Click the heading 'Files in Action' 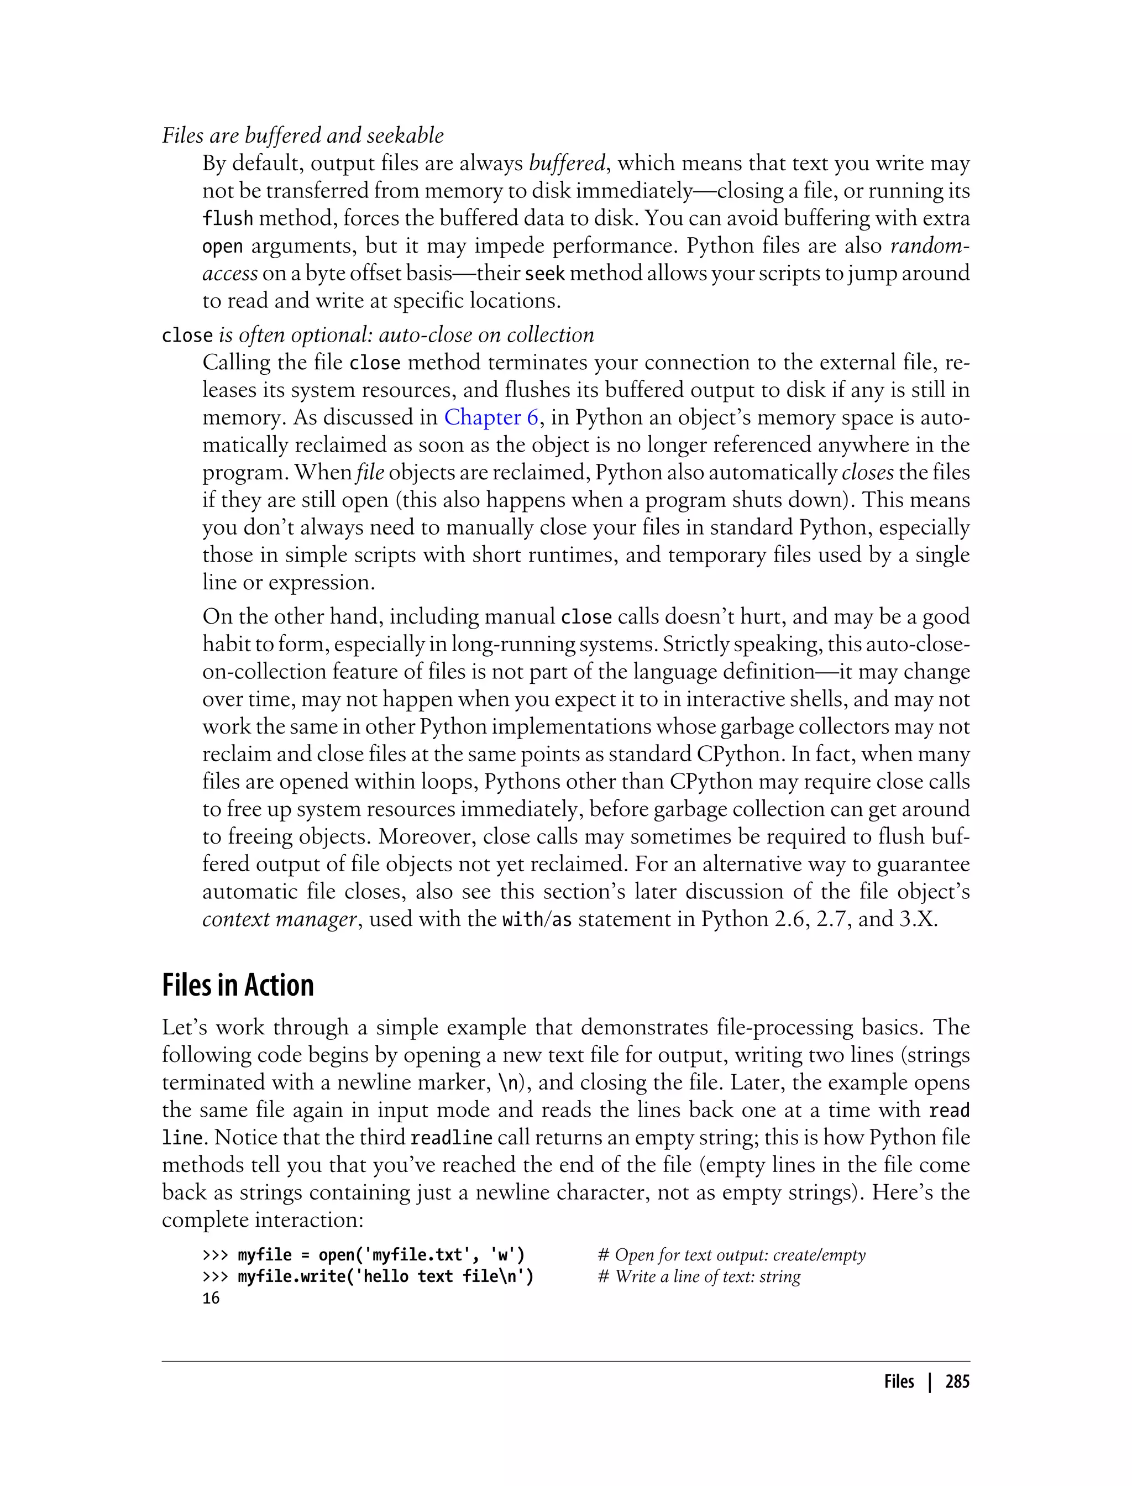[238, 985]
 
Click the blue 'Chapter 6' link [490, 417]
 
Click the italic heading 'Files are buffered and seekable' [302, 135]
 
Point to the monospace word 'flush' [227, 218]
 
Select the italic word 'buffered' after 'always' [567, 163]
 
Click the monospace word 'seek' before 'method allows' [544, 274]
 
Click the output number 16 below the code [211, 1298]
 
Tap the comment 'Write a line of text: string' [707, 1276]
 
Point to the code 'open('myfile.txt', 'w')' [421, 1255]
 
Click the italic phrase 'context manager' [279, 919]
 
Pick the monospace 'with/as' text [537, 919]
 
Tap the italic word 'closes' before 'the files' [867, 473]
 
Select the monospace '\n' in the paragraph [508, 1082]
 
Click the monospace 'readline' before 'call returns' [452, 1138]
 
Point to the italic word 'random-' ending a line [929, 246]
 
